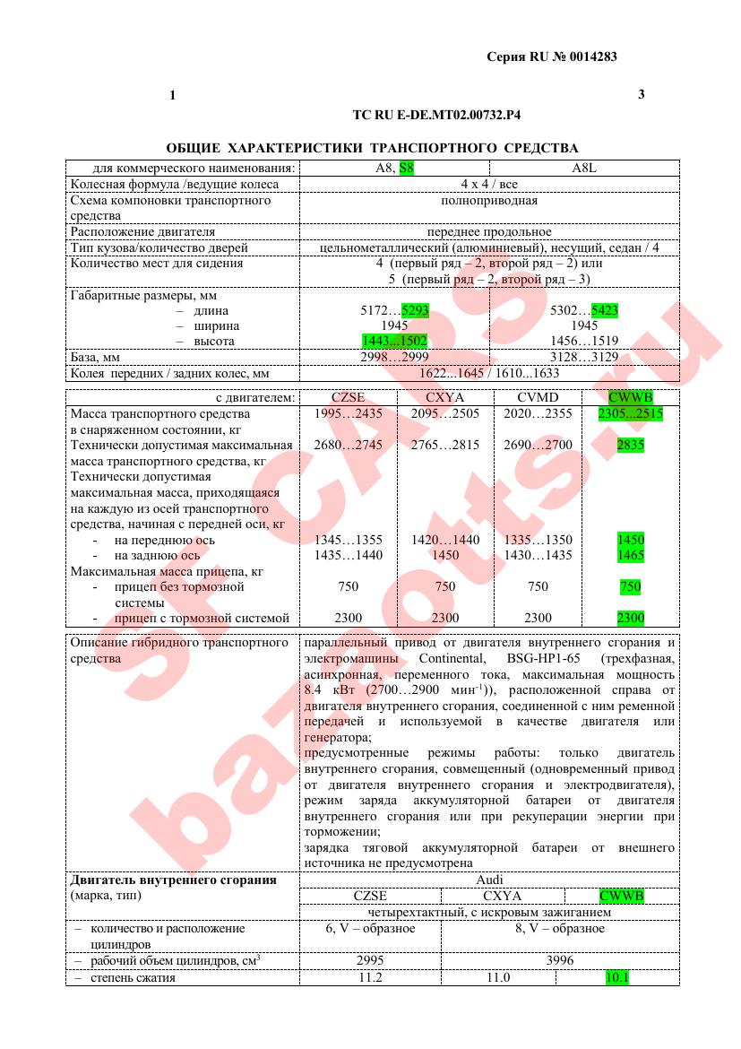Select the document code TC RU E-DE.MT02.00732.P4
tap(437, 116)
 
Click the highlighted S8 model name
tap(407, 168)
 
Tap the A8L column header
tap(583, 168)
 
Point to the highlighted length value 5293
tap(415, 310)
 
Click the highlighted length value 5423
tap(605, 310)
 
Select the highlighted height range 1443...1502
tap(394, 341)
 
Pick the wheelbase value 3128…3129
tap(583, 357)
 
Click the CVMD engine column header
tap(538, 397)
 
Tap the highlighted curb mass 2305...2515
tap(631, 413)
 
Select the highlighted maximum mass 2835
tap(631, 445)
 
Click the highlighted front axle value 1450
tap(631, 540)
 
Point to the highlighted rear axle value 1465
tap(631, 555)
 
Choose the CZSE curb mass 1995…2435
tap(349, 413)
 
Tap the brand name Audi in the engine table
tap(489, 880)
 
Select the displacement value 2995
tap(370, 959)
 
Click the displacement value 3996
tap(559, 959)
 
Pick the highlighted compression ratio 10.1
tap(617, 977)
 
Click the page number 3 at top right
tap(641, 94)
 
